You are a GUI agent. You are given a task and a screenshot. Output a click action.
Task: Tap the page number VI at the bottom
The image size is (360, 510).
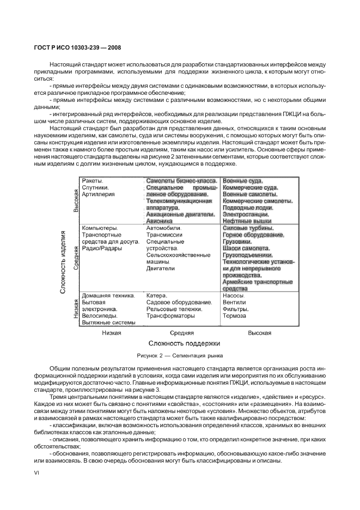click(37, 473)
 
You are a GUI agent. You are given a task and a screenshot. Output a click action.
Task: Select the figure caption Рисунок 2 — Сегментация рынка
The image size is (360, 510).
click(179, 355)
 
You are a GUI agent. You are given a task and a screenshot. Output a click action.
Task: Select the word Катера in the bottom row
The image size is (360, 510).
click(157, 295)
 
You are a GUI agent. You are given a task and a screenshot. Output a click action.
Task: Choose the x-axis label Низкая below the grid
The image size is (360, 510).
click(111, 332)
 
